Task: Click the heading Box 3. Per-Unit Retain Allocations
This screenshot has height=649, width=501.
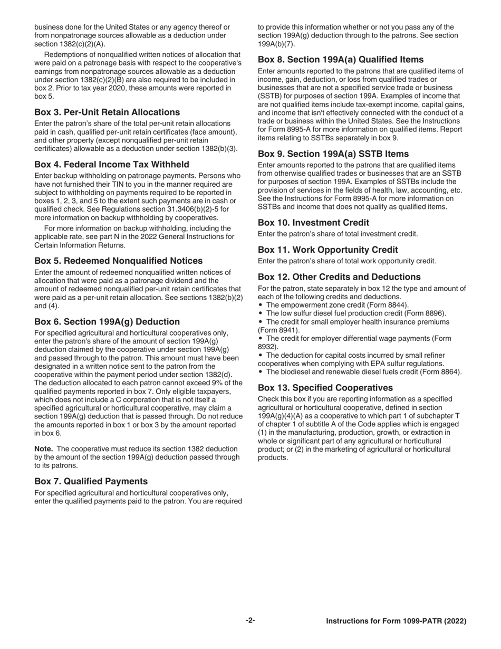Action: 107,112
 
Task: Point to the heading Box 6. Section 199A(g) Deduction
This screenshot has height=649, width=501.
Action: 107,322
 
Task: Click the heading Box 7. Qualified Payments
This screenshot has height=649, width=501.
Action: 91,481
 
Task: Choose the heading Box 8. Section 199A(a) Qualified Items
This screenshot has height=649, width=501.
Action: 341,60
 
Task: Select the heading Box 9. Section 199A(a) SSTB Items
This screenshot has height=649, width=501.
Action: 333,154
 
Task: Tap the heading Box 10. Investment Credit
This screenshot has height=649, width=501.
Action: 313,223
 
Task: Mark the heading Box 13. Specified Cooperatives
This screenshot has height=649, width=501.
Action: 325,388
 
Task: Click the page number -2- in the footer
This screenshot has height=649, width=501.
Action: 250,621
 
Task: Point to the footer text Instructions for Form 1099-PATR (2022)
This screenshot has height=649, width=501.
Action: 396,622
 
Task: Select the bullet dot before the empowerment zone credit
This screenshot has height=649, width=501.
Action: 261,305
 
